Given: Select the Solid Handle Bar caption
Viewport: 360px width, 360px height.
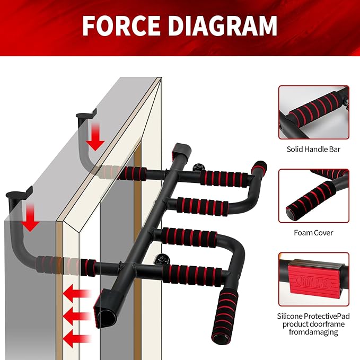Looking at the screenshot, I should click(x=314, y=150).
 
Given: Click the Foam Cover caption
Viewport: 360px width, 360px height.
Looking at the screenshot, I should click(x=314, y=232).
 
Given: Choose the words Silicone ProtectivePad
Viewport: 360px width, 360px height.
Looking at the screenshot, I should click(x=314, y=316).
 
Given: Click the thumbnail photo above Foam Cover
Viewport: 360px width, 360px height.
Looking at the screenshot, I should click(x=314, y=195).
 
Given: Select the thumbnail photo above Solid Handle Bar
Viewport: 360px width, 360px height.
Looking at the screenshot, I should click(x=314, y=112).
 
